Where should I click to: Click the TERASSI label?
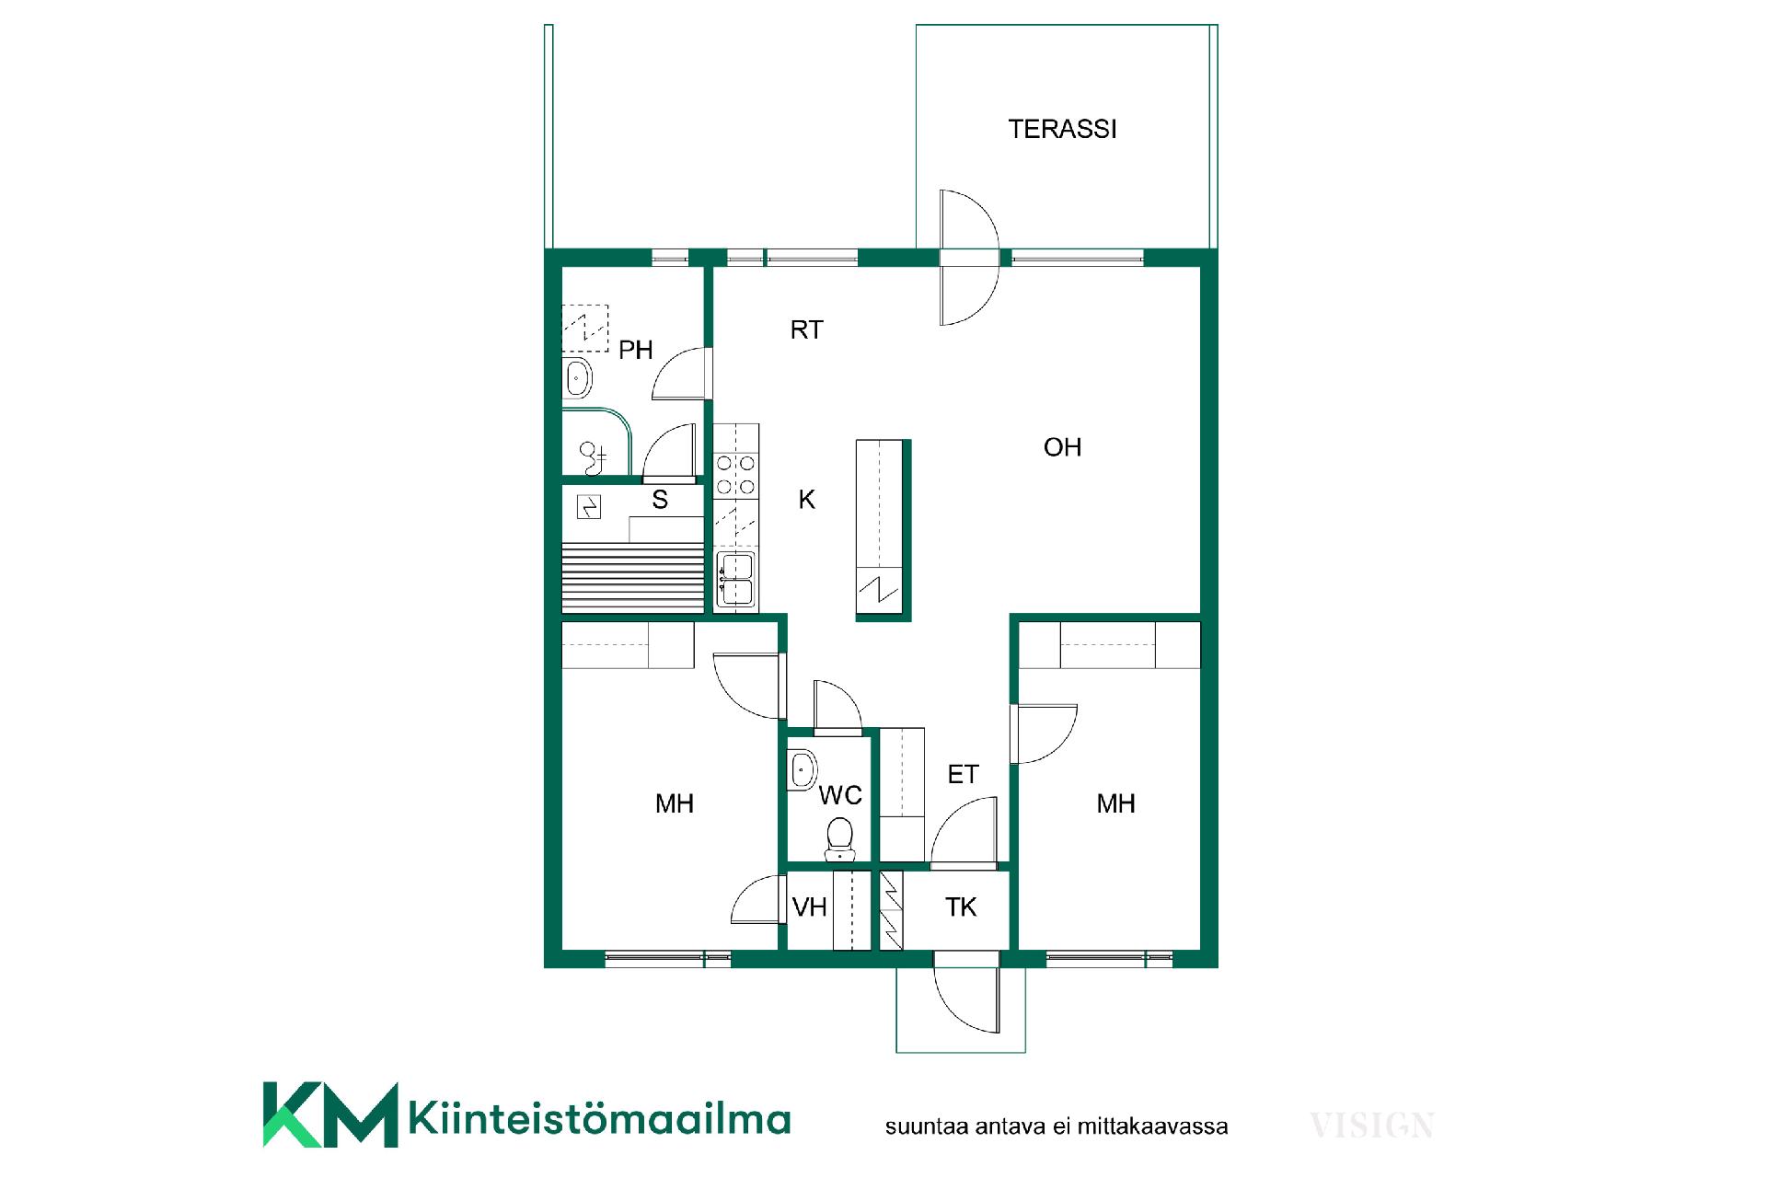pos(1062,129)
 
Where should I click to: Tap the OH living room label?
pos(1062,447)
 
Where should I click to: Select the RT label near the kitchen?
pos(806,329)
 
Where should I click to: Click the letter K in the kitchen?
pos(806,499)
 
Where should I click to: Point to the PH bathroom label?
pos(635,350)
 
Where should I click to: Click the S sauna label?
pos(660,500)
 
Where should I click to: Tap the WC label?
pos(840,795)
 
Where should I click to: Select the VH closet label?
pos(809,907)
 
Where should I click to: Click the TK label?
pos(960,907)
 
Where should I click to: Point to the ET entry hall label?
pos(963,775)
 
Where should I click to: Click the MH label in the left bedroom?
pos(674,803)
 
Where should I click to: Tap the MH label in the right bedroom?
pos(1115,803)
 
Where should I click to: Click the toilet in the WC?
pos(839,839)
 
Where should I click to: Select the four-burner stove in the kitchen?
pos(736,476)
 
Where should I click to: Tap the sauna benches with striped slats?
pos(633,576)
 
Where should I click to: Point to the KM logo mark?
pos(330,1114)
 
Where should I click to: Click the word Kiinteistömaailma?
pos(599,1118)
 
